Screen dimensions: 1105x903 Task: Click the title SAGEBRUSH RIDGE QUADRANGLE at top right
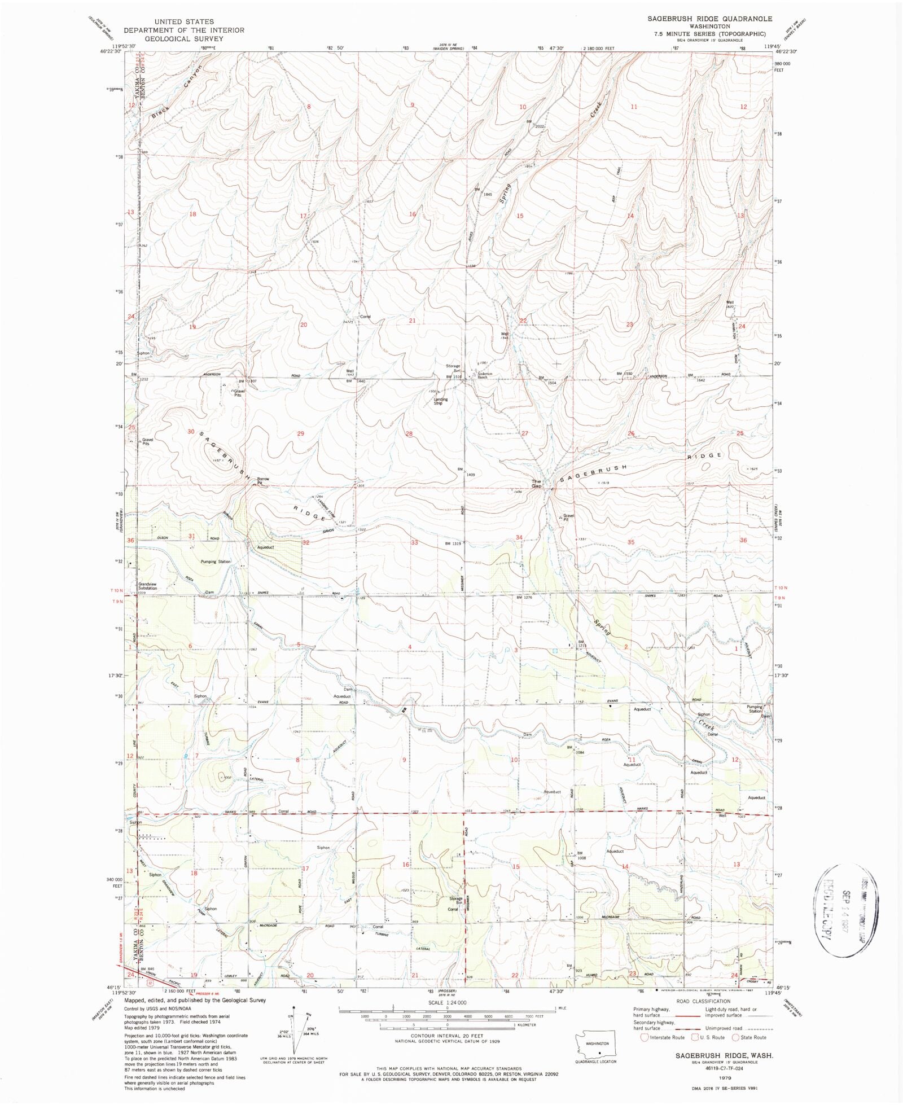coord(709,19)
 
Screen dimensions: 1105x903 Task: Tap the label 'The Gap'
coord(536,484)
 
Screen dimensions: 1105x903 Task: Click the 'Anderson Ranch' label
coord(486,375)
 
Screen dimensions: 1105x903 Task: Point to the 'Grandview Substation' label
coord(148,586)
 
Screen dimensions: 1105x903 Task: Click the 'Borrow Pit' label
coord(263,481)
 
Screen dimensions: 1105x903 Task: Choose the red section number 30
coord(191,432)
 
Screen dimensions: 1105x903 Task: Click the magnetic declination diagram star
coord(293,1006)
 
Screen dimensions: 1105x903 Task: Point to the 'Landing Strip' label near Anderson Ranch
coord(440,401)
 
